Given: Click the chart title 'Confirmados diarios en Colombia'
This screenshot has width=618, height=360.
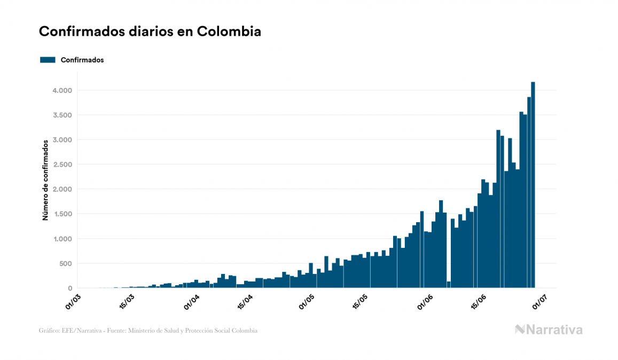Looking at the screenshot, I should tap(150, 32).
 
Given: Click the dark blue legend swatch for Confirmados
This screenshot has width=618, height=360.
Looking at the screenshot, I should tap(48, 60).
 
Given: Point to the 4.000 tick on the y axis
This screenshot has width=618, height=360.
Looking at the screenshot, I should tap(61, 90).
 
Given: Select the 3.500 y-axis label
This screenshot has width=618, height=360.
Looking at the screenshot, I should tap(61, 115).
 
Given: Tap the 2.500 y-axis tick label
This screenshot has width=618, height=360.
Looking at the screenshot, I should tap(61, 165).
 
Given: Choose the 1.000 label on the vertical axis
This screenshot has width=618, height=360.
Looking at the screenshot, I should tap(61, 239).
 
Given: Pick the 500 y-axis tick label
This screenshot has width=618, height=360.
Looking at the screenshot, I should tap(65, 264).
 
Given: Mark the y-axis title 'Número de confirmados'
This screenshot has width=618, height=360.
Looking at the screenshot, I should tap(46, 180).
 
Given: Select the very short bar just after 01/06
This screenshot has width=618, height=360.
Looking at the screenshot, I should tap(449, 285).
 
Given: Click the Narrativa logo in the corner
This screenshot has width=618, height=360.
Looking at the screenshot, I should tap(549, 330).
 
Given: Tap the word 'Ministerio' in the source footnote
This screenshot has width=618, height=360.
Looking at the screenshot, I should tap(143, 331).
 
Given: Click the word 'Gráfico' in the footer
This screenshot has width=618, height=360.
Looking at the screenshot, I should tap(49, 331).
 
